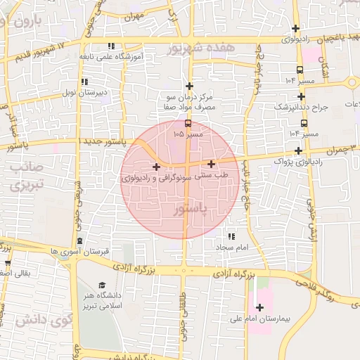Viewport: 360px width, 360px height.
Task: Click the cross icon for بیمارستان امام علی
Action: (260, 307)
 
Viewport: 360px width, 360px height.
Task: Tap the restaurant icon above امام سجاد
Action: (231, 236)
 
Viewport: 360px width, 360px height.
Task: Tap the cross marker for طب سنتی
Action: (211, 164)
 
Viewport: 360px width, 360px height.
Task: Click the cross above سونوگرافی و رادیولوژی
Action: (156, 167)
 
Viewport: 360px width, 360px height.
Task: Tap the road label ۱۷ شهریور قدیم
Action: (42, 49)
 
